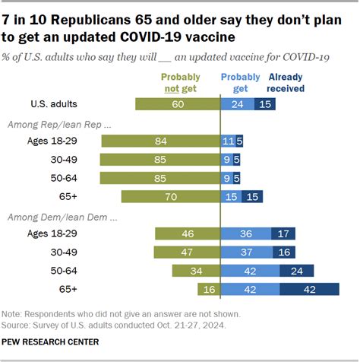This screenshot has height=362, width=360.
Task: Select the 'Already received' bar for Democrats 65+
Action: click(x=309, y=289)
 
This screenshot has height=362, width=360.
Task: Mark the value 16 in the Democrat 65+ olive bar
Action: click(x=208, y=289)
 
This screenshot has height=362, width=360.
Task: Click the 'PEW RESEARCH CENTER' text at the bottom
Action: click(x=50, y=342)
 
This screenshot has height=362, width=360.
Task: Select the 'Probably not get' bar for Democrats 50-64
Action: click(x=196, y=271)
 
